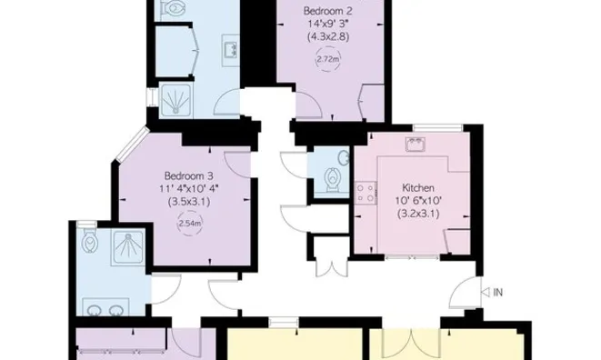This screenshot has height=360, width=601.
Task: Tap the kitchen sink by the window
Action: pos(418,145)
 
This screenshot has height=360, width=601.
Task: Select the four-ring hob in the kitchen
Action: pos(366,193)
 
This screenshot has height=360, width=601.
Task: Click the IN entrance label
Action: pos(497,292)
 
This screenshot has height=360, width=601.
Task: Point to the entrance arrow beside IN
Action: pos(483,292)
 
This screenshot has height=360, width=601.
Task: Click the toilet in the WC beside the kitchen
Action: pos(334,174)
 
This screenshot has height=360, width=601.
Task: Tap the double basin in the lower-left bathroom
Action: pos(103,307)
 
